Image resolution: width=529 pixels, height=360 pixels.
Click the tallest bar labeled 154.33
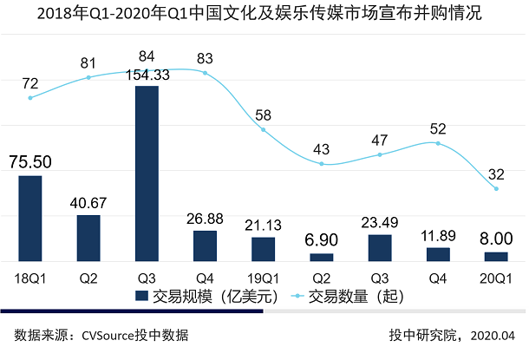[147, 173]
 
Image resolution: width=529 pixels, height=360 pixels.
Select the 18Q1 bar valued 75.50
[30, 218]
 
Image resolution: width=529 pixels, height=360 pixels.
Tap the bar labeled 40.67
[88, 238]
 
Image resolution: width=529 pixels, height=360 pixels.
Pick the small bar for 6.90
[321, 257]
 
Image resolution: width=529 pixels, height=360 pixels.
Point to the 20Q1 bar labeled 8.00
[496, 256]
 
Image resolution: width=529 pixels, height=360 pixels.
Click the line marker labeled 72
[30, 98]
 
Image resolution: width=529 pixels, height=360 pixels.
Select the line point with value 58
[263, 130]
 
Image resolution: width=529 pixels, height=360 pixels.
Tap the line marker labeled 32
[496, 189]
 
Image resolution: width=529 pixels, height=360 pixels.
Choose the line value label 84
[147, 57]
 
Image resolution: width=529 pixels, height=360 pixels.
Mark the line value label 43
[321, 149]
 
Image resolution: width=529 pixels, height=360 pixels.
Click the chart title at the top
[264, 15]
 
